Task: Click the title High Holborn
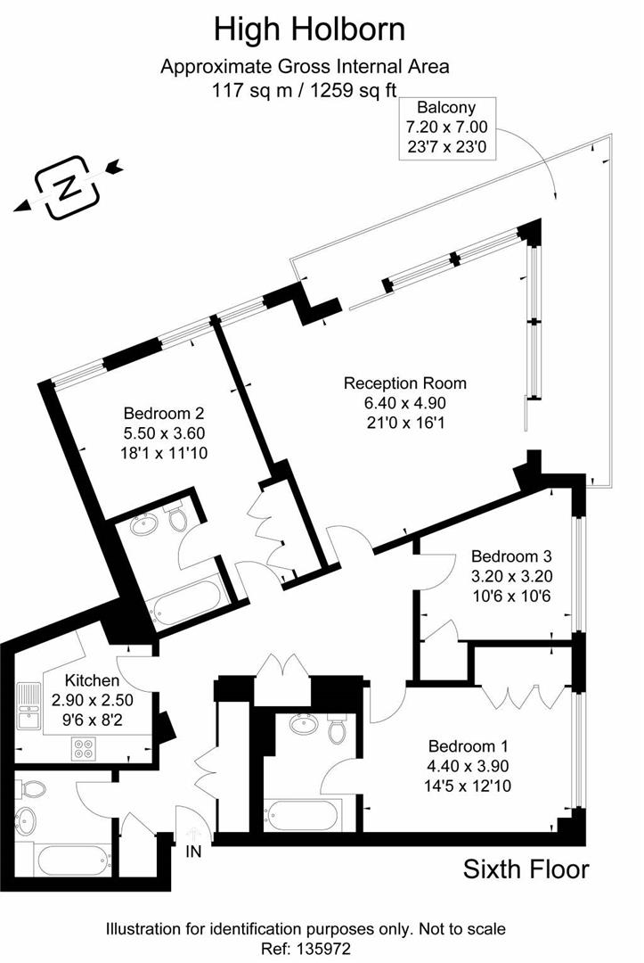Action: (x=309, y=29)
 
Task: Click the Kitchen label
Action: (x=80, y=680)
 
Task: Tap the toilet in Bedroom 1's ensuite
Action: (x=336, y=729)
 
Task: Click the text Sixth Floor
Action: (x=526, y=869)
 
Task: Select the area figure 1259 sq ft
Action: (x=354, y=89)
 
